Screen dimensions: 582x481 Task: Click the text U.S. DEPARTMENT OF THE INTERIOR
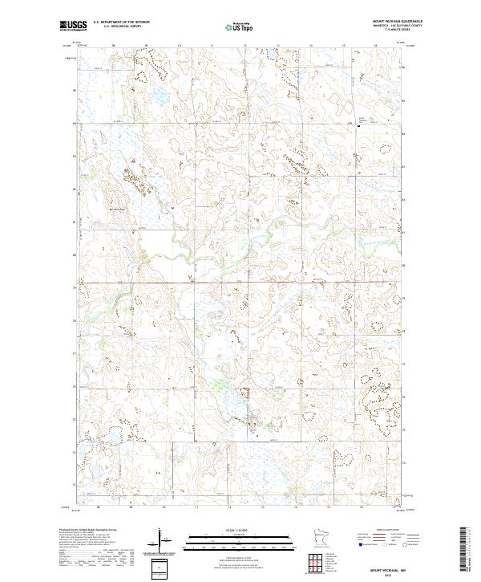point(121,22)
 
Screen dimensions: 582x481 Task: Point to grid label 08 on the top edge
point(114,47)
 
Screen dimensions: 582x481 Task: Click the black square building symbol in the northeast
point(358,126)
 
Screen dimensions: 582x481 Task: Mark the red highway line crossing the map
point(240,283)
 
